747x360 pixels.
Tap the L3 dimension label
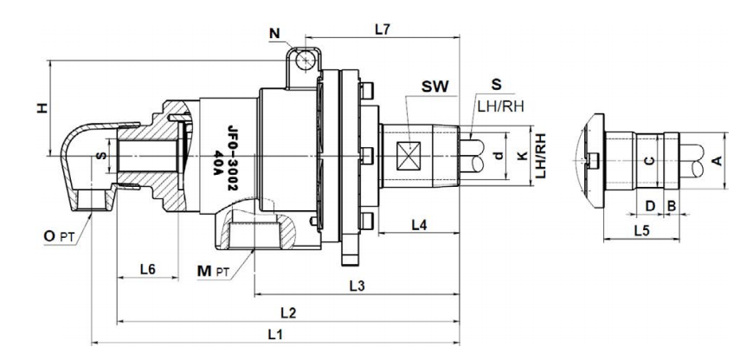click(356, 284)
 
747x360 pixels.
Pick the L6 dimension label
click(148, 269)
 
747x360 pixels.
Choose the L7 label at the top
click(383, 29)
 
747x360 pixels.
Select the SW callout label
click(435, 87)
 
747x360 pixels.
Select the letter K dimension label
click(520, 156)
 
